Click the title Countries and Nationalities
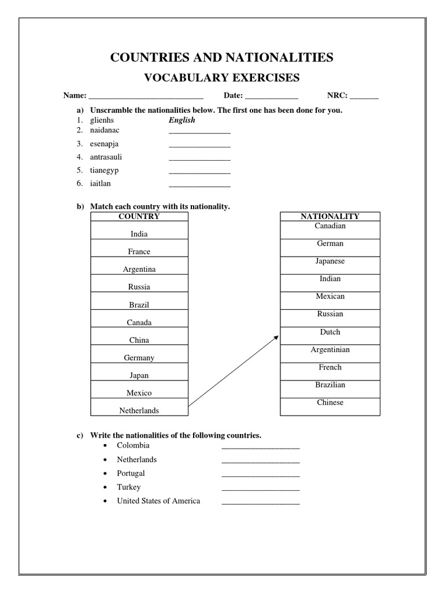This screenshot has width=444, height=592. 221,57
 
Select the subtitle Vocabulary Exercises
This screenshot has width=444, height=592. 221,77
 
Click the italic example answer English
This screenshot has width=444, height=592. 182,120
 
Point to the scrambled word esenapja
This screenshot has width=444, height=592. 105,143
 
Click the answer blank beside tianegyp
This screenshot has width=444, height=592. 199,172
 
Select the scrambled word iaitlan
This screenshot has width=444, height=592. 101,183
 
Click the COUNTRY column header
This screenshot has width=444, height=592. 139,216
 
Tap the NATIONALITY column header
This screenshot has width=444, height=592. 330,216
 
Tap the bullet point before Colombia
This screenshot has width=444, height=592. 104,446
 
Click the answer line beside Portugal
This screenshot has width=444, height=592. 260,475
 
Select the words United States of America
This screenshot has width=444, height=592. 158,501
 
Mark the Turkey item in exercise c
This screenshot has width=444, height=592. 128,487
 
